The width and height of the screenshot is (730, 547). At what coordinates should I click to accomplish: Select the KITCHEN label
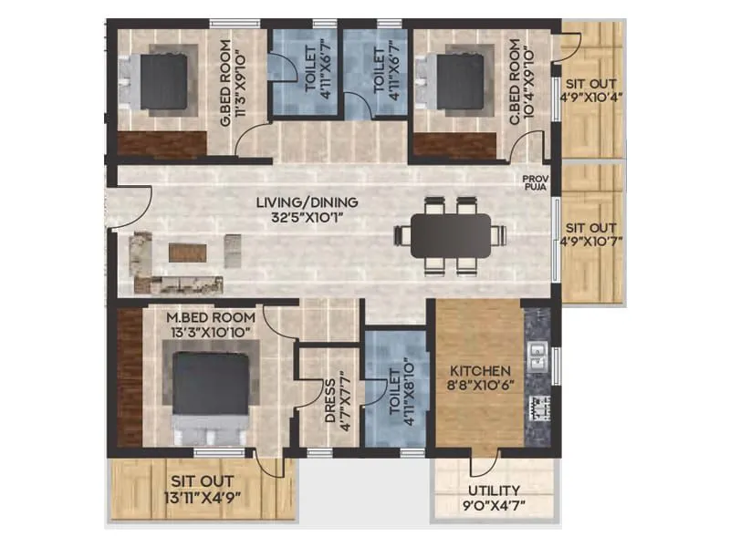click(480, 372)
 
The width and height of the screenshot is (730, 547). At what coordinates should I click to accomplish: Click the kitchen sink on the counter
click(537, 348)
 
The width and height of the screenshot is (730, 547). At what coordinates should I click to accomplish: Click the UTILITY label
click(495, 490)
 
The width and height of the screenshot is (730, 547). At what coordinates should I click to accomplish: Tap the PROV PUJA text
click(534, 183)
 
